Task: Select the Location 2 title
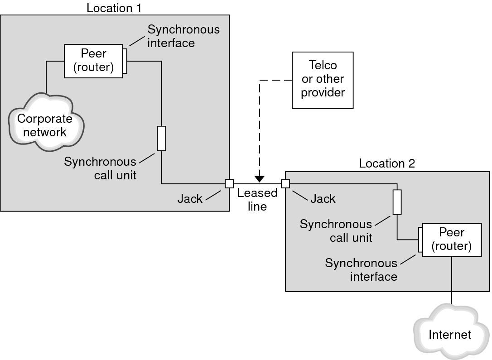tap(386, 163)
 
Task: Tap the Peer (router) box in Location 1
tap(93, 60)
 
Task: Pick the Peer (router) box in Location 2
tap(452, 240)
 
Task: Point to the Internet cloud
tap(449, 335)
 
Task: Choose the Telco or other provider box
tap(323, 80)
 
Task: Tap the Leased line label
tap(257, 200)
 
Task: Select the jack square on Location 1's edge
tap(229, 183)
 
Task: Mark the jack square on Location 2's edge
tap(285, 183)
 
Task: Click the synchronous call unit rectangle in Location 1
tap(161, 139)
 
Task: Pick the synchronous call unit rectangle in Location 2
tap(397, 202)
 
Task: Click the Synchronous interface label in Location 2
tap(361, 269)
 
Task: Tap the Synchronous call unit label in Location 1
tap(100, 168)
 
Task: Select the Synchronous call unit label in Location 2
tap(336, 230)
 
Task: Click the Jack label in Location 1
tap(190, 199)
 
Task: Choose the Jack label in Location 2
tap(323, 198)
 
